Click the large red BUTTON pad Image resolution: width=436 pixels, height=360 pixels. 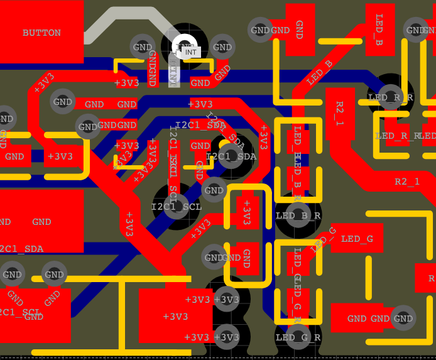pos(41,32)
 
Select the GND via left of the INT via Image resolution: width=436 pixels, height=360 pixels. pos(143,46)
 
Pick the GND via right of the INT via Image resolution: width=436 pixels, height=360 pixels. pos(222,46)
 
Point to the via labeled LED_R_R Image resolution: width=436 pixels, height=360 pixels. pos(390,97)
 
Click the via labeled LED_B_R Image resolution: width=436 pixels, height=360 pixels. pos(298,215)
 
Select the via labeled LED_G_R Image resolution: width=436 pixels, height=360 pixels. pos(298,337)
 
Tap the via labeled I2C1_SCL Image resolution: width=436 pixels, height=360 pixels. pos(177,206)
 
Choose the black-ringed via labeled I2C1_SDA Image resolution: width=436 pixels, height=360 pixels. pos(231,156)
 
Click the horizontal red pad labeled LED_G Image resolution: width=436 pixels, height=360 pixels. pos(357,238)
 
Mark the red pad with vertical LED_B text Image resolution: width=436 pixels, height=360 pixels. pos(379,29)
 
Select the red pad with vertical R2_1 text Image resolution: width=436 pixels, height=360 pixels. pos(340,114)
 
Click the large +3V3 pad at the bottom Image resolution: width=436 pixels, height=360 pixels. pos(175,315)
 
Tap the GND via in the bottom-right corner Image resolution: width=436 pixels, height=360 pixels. pos(403,319)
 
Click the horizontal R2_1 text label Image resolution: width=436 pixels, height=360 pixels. pos(407,182)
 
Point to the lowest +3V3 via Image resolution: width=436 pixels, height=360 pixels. pos(226,337)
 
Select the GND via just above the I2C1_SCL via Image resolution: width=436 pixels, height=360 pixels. pos(214,190)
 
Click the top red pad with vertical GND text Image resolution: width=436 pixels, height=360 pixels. pos(300,29)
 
